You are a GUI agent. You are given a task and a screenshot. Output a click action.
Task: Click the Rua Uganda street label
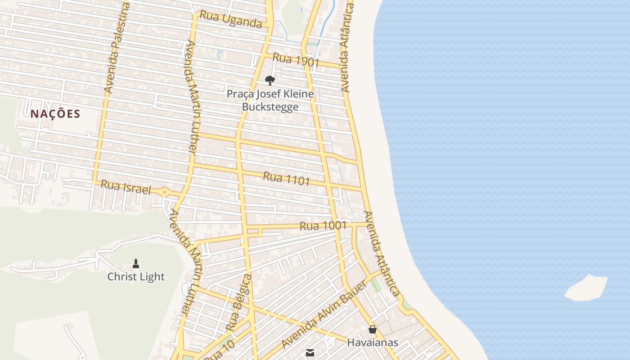tap(230, 19)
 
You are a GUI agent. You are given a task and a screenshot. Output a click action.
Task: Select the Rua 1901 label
tap(296, 59)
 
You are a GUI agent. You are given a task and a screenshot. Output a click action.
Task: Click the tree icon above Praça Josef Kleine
tap(270, 81)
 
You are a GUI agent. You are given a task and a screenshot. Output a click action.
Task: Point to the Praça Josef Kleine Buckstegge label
tap(270, 100)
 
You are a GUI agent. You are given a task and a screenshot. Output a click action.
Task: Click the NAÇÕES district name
tap(55, 114)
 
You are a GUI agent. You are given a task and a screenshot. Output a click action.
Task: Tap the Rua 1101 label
tap(286, 179)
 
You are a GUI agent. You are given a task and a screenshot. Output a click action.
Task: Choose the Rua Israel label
tap(126, 187)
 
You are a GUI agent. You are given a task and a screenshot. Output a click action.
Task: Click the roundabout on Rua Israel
tap(165, 193)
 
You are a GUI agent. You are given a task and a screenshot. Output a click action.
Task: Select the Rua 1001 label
tap(323, 226)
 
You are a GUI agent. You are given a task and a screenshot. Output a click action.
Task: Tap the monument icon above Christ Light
tap(136, 264)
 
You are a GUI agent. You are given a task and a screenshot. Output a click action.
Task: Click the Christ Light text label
tap(136, 277)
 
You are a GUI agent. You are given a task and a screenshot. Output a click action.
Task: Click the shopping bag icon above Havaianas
tap(372, 329)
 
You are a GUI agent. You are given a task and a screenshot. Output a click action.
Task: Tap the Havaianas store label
tap(372, 342)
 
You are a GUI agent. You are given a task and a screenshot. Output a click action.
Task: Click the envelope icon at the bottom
tap(310, 353)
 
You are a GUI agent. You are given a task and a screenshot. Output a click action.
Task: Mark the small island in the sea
tap(586, 288)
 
